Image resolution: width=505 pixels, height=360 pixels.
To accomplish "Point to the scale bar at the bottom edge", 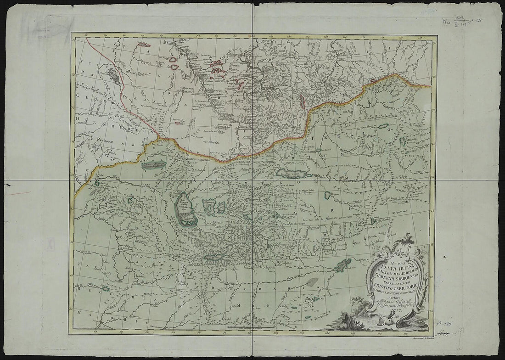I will click(248, 327).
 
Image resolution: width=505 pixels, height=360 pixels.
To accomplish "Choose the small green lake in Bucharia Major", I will click(106, 288).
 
